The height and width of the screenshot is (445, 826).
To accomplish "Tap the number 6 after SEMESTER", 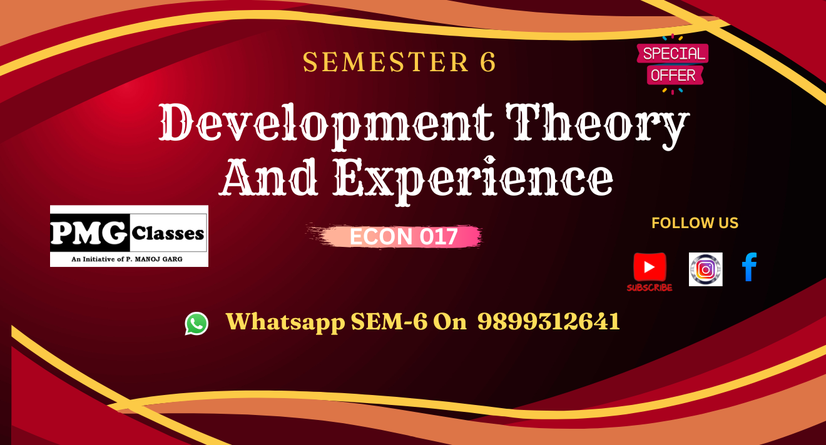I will pyautogui.click(x=486, y=62).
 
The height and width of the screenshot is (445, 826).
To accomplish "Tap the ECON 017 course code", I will pyautogui.click(x=404, y=237).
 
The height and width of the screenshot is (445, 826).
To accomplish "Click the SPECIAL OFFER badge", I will pyautogui.click(x=673, y=64).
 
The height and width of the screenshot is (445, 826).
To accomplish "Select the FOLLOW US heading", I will pyautogui.click(x=695, y=223).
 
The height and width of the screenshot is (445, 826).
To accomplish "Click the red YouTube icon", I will pyautogui.click(x=650, y=267).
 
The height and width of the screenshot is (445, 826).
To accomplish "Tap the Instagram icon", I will pyautogui.click(x=705, y=269).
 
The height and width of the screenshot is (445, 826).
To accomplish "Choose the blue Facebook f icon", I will pyautogui.click(x=749, y=267).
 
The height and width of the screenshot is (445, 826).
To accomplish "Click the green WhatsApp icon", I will pyautogui.click(x=196, y=323).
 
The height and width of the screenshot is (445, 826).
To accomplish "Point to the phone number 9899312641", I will pyautogui.click(x=549, y=321).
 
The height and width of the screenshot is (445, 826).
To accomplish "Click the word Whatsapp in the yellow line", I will pyautogui.click(x=285, y=322).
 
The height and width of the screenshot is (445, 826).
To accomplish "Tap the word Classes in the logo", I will pyautogui.click(x=168, y=234).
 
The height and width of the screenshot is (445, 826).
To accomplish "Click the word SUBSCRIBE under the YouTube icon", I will pyautogui.click(x=650, y=288).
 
